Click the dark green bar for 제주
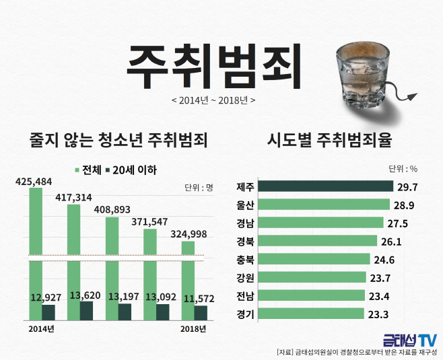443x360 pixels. point(325,186)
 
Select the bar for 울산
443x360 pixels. point(324,205)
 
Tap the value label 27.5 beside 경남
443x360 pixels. point(397,223)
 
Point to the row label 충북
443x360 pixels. point(245,260)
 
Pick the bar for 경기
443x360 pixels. point(311,314)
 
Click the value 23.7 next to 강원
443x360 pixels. point(380,279)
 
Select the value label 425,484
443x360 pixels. point(34,182)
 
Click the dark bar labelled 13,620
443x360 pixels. point(86,311)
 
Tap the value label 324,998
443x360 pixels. point(189,234)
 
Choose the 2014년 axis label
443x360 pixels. point(41,329)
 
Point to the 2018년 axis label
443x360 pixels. point(193,329)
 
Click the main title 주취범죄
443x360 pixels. point(213,67)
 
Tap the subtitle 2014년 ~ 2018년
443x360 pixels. point(213,100)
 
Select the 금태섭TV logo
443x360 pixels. point(410,340)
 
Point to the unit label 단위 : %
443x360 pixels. point(403,169)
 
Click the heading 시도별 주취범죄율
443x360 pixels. point(329,140)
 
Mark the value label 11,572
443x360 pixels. point(199,299)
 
